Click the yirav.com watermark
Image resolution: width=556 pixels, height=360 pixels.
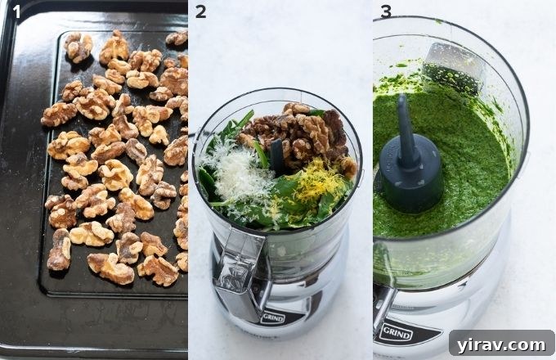pyautogui.click(x=500, y=343)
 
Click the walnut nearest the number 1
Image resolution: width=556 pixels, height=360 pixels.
pyautogui.click(x=78, y=47)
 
